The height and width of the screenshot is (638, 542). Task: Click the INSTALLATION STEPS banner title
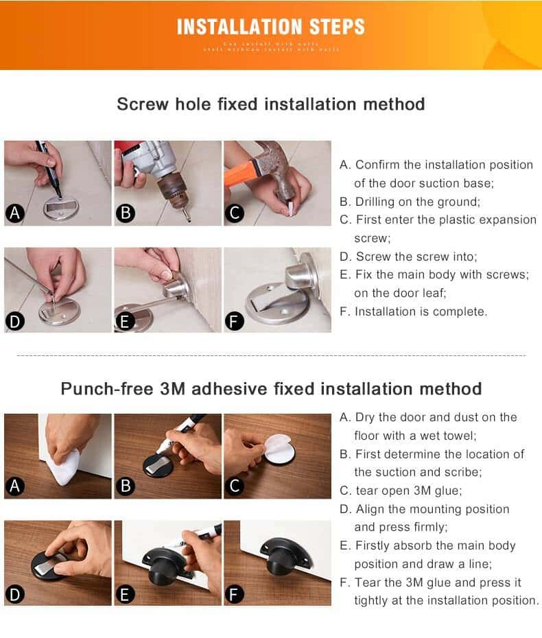[x=270, y=27]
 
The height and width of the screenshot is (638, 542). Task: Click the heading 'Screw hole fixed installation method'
[x=270, y=104]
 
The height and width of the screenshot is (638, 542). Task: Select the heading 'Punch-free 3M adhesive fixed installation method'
[x=270, y=389]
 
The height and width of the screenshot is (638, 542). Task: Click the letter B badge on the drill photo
[x=125, y=213]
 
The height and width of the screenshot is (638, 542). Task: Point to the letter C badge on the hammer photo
[x=235, y=213]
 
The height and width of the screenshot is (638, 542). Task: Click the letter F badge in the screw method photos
[x=235, y=320]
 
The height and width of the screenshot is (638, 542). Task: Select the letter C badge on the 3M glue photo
[x=235, y=486]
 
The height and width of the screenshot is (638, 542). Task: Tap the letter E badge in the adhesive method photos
[x=125, y=593]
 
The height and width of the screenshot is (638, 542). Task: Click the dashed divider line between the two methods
[x=270, y=356]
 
